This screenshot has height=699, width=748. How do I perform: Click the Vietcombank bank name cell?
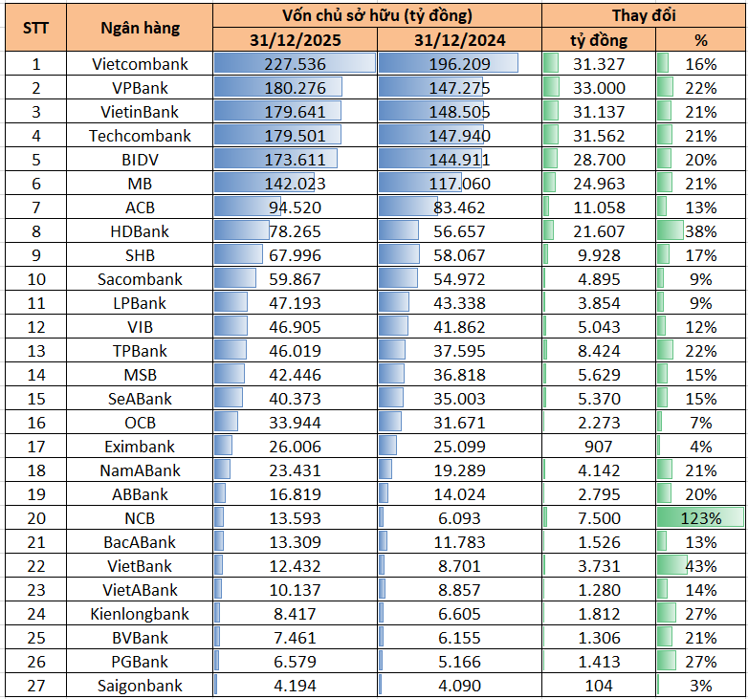[140, 64]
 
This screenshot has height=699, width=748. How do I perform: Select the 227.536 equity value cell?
[295, 64]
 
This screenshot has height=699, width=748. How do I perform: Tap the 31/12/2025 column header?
[295, 40]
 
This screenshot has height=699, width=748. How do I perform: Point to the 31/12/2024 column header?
[459, 40]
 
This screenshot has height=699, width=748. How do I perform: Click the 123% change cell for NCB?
[700, 518]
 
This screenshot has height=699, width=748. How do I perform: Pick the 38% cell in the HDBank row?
[700, 231]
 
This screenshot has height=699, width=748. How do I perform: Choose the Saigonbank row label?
[140, 686]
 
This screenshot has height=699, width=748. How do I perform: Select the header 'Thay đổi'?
[644, 15]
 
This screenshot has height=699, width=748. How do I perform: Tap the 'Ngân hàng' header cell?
[140, 28]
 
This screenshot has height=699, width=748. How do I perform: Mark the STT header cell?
[36, 28]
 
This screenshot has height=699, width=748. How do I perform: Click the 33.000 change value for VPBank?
[599, 88]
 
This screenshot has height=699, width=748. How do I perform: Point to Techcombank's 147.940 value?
[459, 136]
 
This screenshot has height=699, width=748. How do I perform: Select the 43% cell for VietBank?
[700, 566]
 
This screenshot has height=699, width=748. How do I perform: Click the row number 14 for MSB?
[36, 375]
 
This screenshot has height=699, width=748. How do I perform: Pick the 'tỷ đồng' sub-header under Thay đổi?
[599, 40]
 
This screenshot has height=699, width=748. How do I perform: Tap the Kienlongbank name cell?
[140, 614]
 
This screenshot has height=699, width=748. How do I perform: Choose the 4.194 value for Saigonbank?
[295, 686]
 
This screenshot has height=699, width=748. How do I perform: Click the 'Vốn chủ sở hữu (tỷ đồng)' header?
[377, 15]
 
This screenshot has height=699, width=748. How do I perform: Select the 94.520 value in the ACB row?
[295, 208]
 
